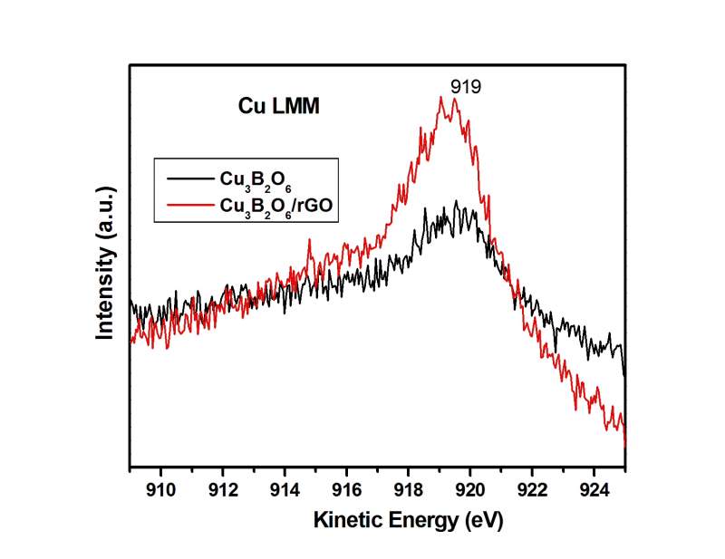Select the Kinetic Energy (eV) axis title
click(407, 522)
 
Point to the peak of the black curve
click(457, 202)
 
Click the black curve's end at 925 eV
click(624, 371)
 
